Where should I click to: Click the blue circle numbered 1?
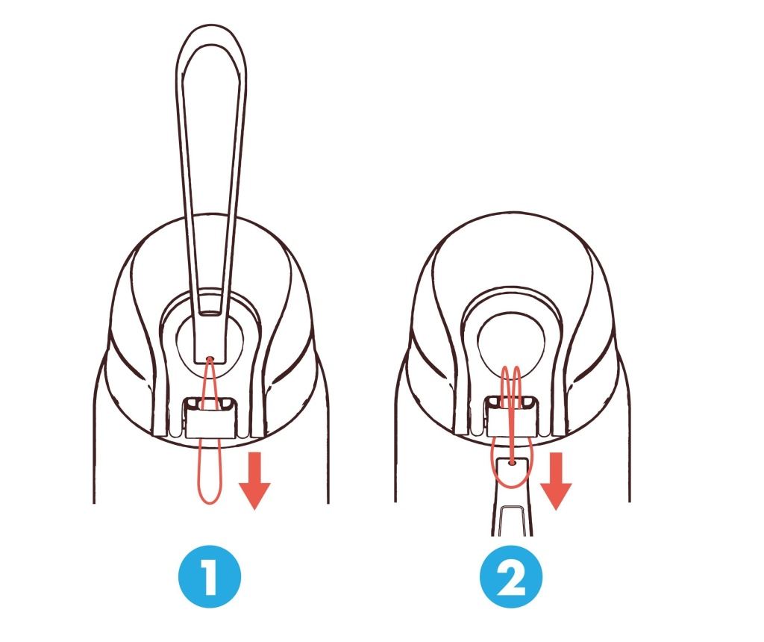point(210,576)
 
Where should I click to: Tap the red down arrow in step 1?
point(254,480)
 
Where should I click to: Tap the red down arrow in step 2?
point(556,480)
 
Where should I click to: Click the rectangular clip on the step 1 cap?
point(210,418)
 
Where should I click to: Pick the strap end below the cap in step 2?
point(511,496)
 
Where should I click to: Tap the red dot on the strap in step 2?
point(511,462)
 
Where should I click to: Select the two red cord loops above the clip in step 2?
point(511,385)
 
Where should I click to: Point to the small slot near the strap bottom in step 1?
point(210,311)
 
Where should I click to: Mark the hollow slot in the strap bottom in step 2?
point(511,520)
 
